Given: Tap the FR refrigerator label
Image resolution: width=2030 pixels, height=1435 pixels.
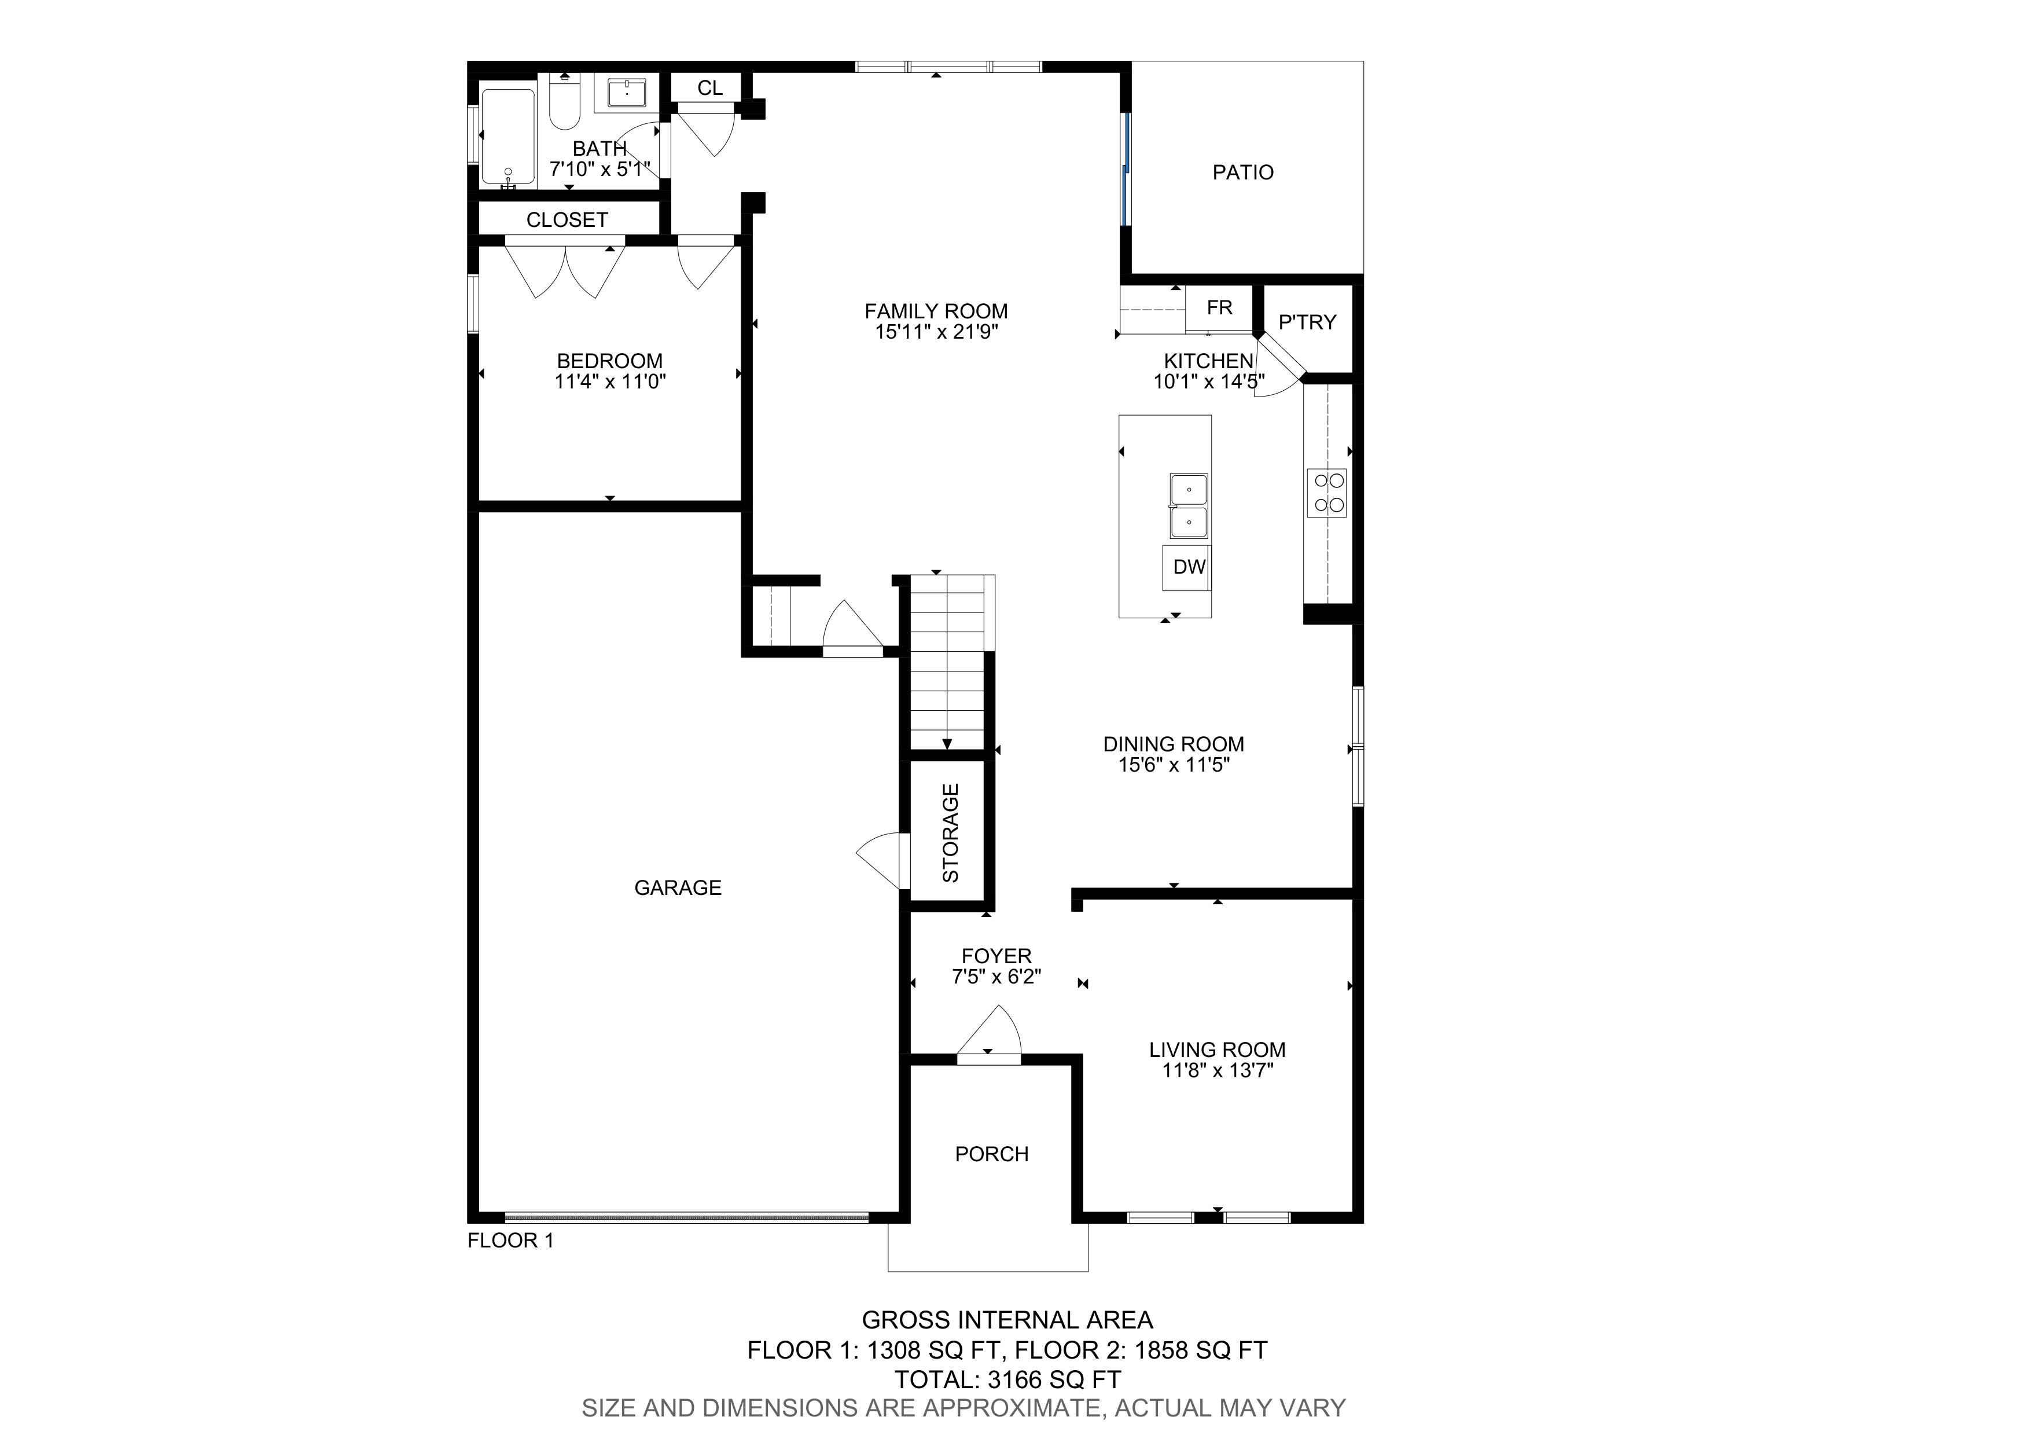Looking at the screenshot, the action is pyautogui.click(x=1219, y=308).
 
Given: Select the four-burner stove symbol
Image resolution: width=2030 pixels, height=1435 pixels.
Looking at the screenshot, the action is pyautogui.click(x=1327, y=493).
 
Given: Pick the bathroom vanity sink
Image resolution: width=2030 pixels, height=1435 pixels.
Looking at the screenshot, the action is pyautogui.click(x=626, y=92).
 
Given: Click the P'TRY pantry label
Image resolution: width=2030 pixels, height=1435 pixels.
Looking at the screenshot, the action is pyautogui.click(x=1308, y=322).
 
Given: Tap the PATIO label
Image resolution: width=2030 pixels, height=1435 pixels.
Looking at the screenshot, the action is pyautogui.click(x=1243, y=173).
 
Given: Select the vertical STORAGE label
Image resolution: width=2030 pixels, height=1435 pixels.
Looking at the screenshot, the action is pyautogui.click(x=950, y=833).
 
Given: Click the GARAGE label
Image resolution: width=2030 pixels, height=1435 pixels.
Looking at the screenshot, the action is pyautogui.click(x=678, y=888).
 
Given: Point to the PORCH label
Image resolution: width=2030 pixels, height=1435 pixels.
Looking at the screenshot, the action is pyautogui.click(x=992, y=1154).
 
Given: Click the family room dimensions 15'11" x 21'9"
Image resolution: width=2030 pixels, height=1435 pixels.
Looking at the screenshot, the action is pyautogui.click(x=936, y=332).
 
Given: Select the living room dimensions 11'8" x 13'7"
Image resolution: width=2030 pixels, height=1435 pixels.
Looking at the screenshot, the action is pyautogui.click(x=1218, y=1071).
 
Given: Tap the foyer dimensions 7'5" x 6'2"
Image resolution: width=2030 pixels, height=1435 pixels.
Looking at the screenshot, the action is pyautogui.click(x=996, y=977).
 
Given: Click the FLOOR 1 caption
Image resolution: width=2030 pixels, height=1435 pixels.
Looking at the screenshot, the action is pyautogui.click(x=511, y=1241).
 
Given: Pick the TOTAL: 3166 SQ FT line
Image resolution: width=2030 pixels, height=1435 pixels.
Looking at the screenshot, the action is pyautogui.click(x=1008, y=1379).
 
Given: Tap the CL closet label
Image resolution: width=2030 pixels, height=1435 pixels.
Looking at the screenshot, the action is pyautogui.click(x=710, y=87).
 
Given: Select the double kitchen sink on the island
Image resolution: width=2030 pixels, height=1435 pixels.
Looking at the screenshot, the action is pyautogui.click(x=1189, y=507).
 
